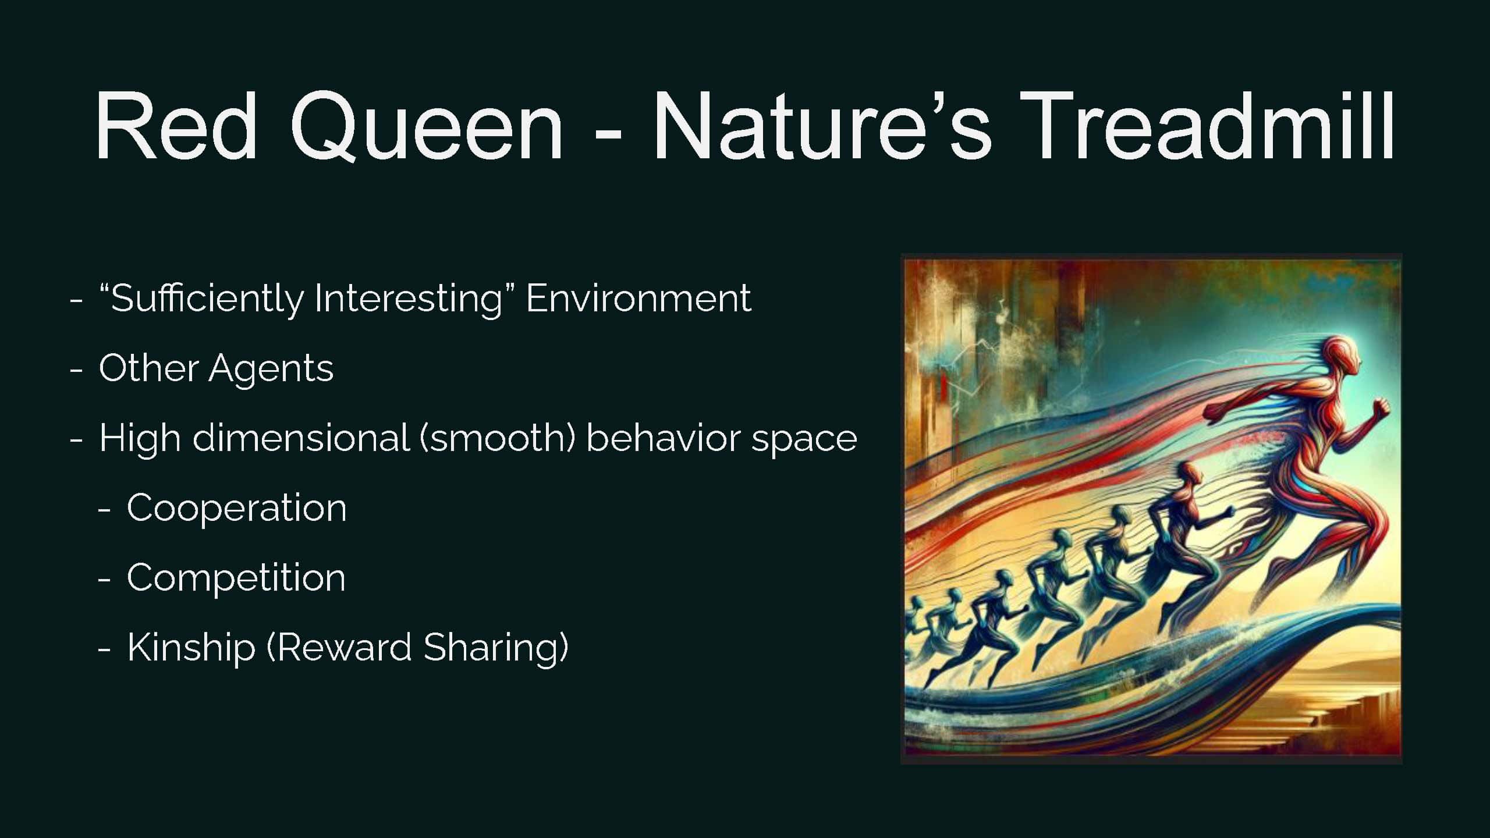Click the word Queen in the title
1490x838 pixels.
[x=427, y=126]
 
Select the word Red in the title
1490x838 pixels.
[x=176, y=124]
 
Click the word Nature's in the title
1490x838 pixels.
[x=821, y=124]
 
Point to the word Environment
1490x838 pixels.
[x=638, y=299]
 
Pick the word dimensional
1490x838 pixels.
[x=301, y=438]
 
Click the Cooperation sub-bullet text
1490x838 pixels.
[x=236, y=508]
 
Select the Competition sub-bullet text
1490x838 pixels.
[x=236, y=578]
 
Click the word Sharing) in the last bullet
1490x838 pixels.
[x=496, y=648]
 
